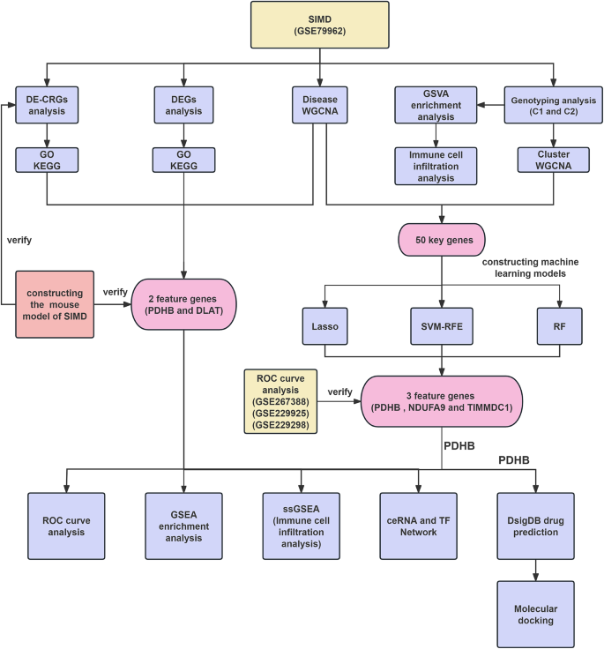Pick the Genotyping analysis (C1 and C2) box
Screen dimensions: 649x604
pyautogui.click(x=552, y=104)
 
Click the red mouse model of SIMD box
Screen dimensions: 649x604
pyautogui.click(x=67, y=304)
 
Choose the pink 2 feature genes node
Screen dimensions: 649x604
pyautogui.click(x=183, y=304)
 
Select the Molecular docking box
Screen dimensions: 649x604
pyautogui.click(x=535, y=615)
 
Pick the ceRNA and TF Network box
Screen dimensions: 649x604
pyautogui.click(x=418, y=526)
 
